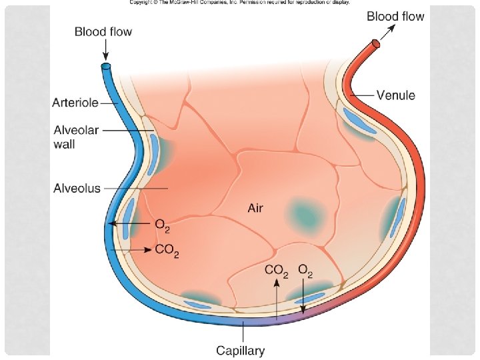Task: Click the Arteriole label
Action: click(76, 103)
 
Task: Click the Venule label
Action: click(395, 95)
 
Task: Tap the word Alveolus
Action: click(77, 188)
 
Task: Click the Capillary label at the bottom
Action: click(240, 350)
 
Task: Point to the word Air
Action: click(255, 209)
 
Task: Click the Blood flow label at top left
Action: click(103, 31)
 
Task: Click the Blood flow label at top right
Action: click(395, 17)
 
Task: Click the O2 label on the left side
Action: click(163, 225)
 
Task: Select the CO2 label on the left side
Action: click(167, 251)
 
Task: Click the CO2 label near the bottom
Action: click(277, 271)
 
